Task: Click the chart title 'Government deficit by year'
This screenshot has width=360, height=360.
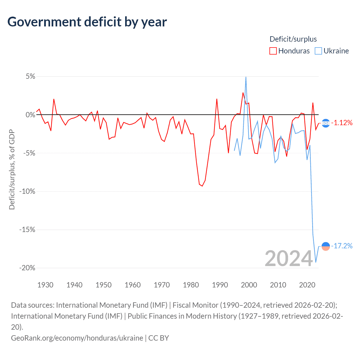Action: (87, 22)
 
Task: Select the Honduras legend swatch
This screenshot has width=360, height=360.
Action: (273, 51)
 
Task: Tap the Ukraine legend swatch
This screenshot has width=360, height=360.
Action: (318, 51)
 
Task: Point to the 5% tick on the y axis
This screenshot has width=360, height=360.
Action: (30, 76)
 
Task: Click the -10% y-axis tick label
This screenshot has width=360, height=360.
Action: (27, 192)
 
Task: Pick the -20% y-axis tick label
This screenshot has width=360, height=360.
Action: (27, 268)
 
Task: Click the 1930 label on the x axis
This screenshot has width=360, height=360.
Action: (45, 285)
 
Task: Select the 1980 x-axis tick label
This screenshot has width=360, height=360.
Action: (191, 285)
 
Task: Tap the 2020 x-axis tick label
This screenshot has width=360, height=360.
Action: (307, 285)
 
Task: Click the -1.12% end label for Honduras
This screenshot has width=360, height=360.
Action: (342, 123)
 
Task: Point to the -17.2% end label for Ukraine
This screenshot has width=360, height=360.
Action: (342, 246)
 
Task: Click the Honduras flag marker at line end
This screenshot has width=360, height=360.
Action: (326, 123)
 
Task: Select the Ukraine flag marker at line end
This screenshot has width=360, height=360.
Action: (326, 246)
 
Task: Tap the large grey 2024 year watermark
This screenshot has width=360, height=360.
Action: (289, 258)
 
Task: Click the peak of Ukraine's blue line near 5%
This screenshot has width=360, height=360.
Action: (246, 77)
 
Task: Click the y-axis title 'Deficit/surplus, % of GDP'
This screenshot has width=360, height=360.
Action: (12, 169)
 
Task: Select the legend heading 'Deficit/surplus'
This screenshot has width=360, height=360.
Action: (293, 39)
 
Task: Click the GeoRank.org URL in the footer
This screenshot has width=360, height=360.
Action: (77, 338)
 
